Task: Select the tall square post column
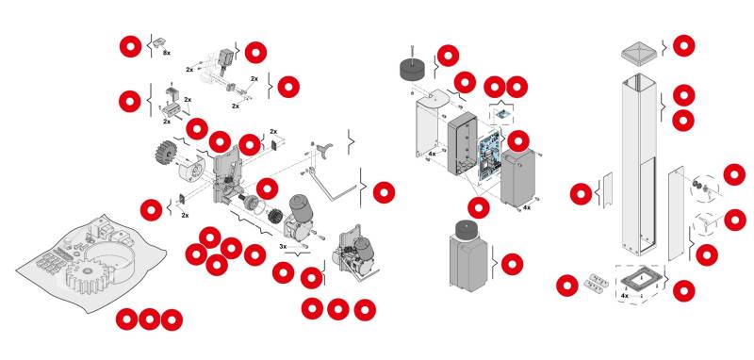[639, 164]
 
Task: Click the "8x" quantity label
[167, 53]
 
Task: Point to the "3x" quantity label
[284, 247]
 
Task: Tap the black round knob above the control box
[414, 69]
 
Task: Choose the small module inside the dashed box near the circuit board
[502, 115]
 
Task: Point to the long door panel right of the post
[676, 213]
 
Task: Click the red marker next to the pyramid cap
[683, 45]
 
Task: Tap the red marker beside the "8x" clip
[130, 46]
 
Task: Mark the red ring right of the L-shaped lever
[384, 193]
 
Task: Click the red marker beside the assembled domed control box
[512, 265]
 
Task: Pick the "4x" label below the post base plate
[625, 296]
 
